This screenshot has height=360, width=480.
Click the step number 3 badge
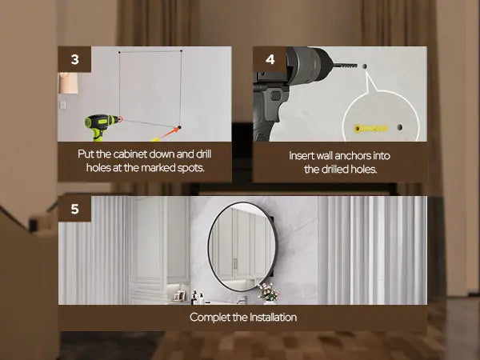[x=74, y=59]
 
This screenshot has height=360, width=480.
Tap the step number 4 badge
[x=270, y=59]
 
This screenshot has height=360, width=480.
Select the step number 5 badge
[x=74, y=209]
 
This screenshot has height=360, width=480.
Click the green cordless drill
[x=102, y=126]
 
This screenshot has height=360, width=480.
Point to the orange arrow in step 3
[x=170, y=133]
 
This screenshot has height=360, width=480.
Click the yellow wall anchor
[x=370, y=128]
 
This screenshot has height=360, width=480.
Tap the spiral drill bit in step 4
[x=345, y=66]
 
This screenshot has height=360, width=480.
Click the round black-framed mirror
[x=242, y=246]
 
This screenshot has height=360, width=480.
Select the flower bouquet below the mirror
[x=269, y=293]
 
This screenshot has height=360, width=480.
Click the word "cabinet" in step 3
[x=130, y=154]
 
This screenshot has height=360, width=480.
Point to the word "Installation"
[x=273, y=317]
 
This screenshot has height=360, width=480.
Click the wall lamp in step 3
[x=68, y=83]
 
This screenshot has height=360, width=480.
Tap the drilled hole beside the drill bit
[x=365, y=66]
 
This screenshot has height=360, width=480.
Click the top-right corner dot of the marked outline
[x=182, y=51]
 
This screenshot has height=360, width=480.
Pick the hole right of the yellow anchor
[x=399, y=127]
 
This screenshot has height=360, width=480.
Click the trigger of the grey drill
[x=276, y=96]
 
